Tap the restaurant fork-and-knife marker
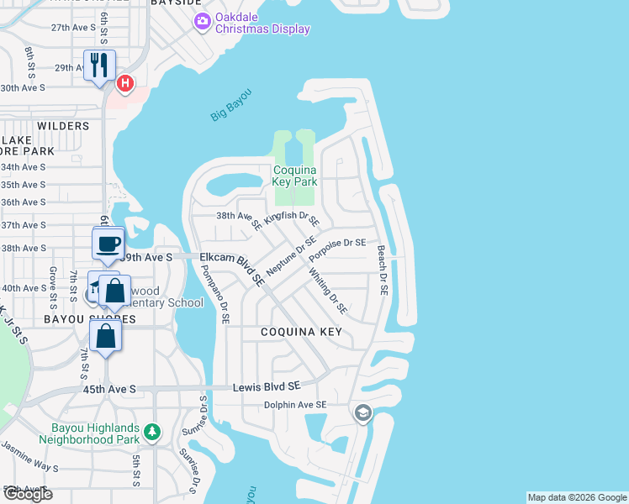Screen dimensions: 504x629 100,65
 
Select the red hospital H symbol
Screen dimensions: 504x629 125,82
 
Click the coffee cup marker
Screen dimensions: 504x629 108,244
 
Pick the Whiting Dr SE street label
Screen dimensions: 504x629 327,290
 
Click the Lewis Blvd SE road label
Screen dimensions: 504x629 266,386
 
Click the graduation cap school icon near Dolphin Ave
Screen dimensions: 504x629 362,412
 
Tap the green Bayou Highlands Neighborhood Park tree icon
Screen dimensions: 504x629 151,432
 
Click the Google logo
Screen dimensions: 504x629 27,495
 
